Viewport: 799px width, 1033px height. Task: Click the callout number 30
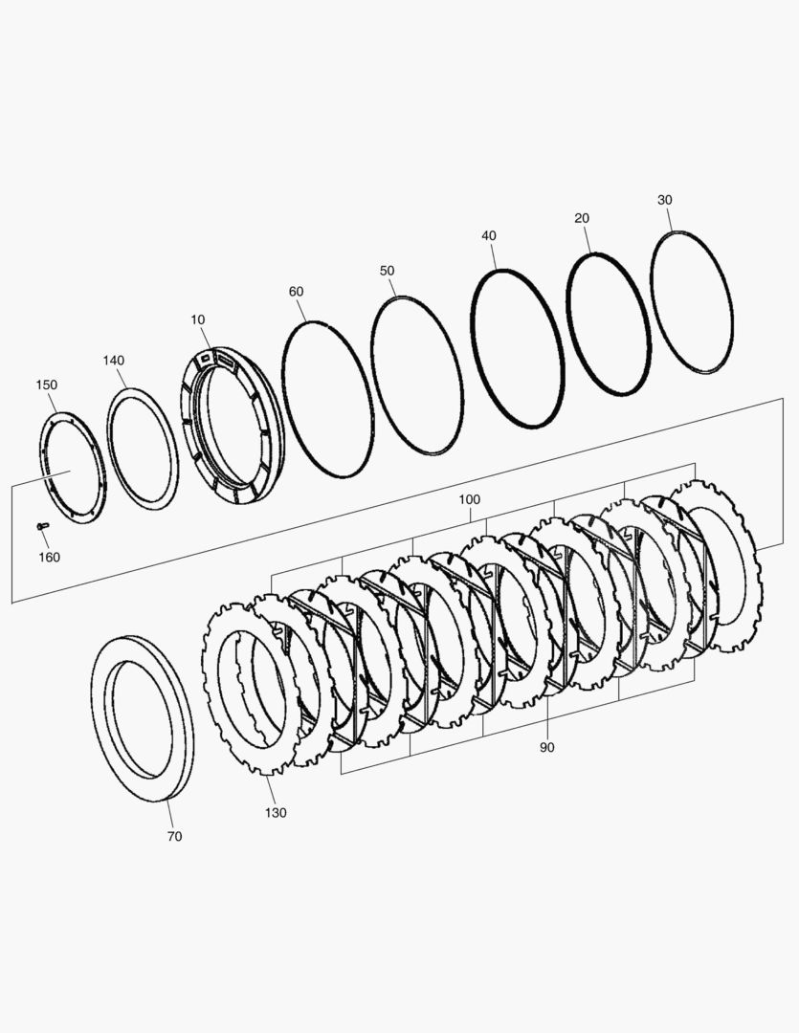pyautogui.click(x=665, y=200)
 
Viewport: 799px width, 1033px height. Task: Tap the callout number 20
pyautogui.click(x=582, y=218)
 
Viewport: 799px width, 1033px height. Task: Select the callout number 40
pyautogui.click(x=489, y=235)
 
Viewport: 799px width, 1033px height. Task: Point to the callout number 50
pyautogui.click(x=387, y=271)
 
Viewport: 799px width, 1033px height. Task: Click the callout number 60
pyautogui.click(x=296, y=291)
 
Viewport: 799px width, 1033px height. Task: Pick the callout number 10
pyautogui.click(x=197, y=319)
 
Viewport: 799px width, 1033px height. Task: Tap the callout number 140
pyautogui.click(x=114, y=361)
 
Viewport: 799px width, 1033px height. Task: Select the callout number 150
pyautogui.click(x=47, y=385)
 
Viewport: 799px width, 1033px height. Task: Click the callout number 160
pyautogui.click(x=49, y=557)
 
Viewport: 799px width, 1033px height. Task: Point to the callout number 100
pyautogui.click(x=470, y=500)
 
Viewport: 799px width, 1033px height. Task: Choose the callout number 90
pyautogui.click(x=546, y=747)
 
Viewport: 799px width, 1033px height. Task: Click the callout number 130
pyautogui.click(x=276, y=812)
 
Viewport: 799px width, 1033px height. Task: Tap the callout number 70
pyautogui.click(x=174, y=836)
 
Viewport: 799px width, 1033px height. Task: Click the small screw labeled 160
pyautogui.click(x=41, y=526)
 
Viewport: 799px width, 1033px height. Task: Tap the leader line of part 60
pyautogui.click(x=302, y=310)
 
